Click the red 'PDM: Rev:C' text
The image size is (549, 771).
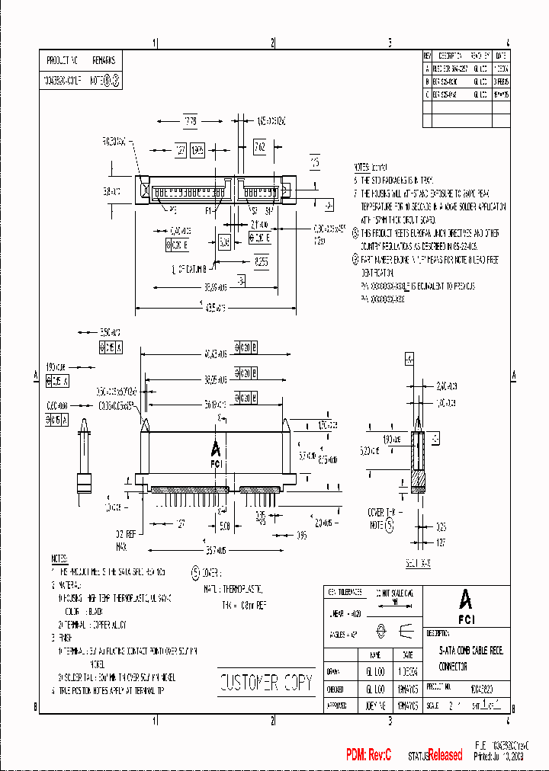(368, 754)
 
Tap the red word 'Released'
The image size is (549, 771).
(445, 755)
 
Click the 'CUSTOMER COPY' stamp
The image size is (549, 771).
(265, 683)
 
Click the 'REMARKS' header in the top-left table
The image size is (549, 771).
(104, 59)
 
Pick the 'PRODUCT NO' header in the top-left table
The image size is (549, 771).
(63, 59)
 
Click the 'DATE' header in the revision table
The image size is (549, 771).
(500, 56)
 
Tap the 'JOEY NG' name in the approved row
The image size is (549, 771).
(375, 705)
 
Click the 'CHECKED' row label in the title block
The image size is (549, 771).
(336, 688)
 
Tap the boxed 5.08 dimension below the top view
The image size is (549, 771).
(224, 242)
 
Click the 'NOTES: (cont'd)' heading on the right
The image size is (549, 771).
(371, 166)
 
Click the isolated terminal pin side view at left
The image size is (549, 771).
(83, 461)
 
